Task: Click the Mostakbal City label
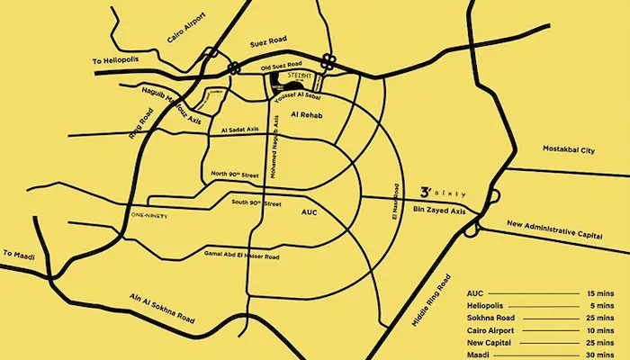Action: pyautogui.click(x=571, y=148)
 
